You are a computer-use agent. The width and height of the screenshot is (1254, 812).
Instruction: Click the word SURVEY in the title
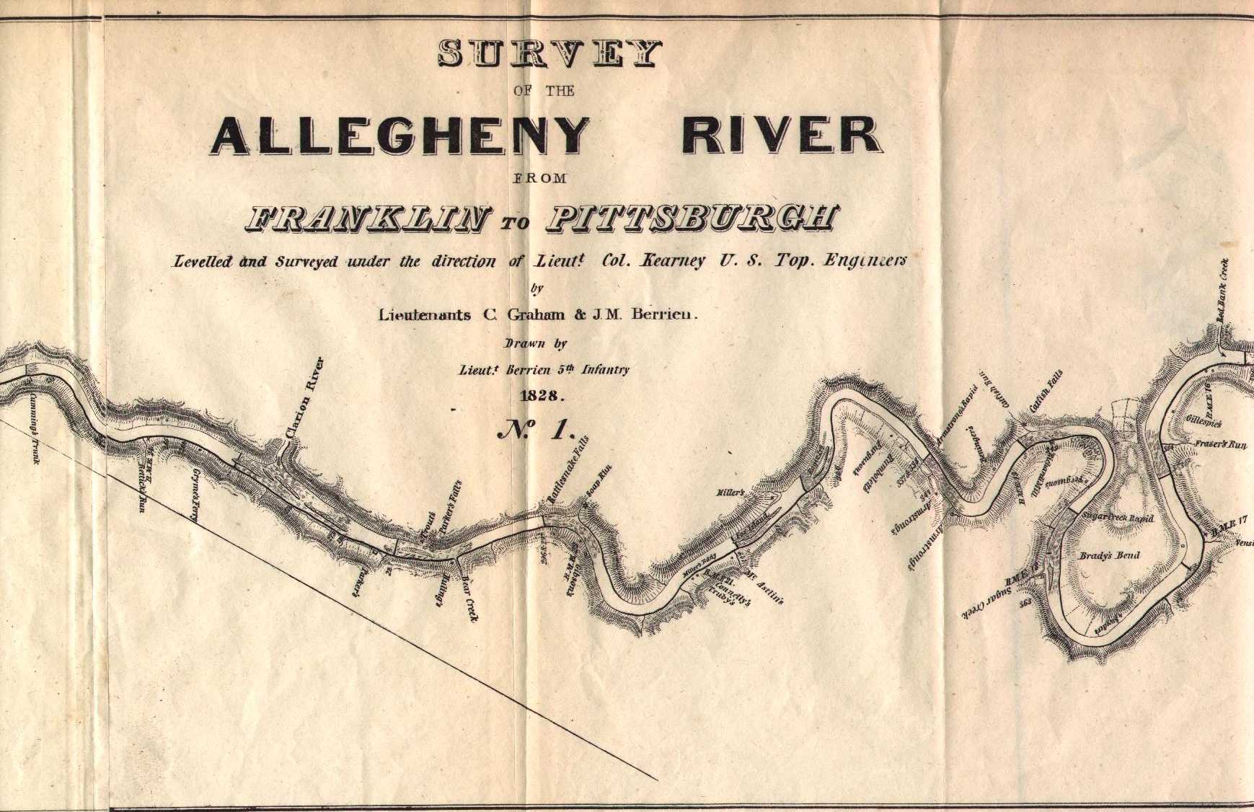click(x=549, y=54)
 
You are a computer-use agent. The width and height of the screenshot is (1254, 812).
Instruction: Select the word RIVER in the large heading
click(x=782, y=136)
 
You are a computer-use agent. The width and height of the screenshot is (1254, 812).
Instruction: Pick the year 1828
click(x=542, y=395)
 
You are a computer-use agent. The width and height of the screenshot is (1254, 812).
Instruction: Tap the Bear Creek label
click(x=469, y=598)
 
